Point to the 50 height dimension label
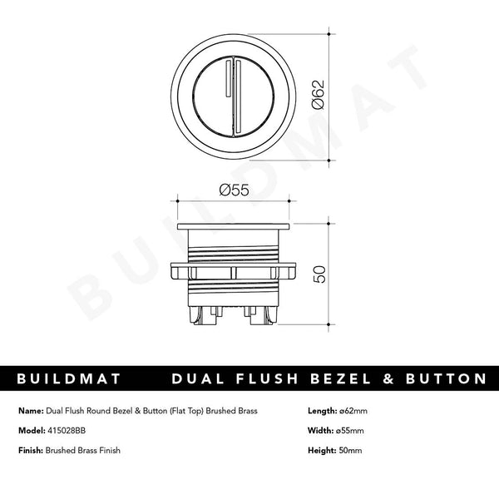[319, 274]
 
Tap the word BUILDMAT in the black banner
[69, 379]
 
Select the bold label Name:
[30, 411]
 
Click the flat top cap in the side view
[234, 226]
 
